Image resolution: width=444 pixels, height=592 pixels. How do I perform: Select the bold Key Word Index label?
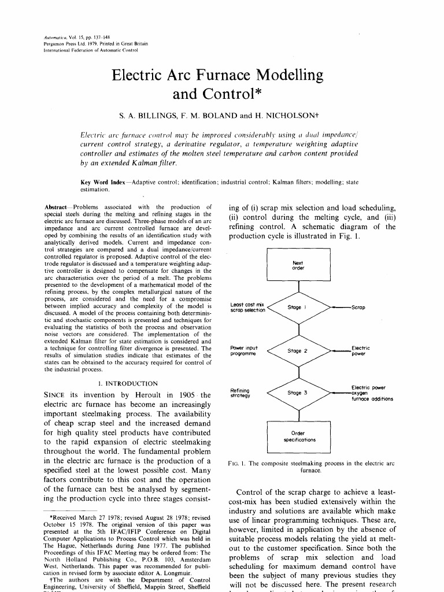coord(104,183)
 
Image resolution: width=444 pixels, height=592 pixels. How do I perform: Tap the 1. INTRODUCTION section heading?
coord(128,383)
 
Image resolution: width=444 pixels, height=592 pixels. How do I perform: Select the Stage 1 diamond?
coord(298,307)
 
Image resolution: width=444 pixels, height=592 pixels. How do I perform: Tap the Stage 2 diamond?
coord(298,350)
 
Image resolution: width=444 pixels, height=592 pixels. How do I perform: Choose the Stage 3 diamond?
coord(298,393)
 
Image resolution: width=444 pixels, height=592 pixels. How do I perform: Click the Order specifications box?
coord(298,436)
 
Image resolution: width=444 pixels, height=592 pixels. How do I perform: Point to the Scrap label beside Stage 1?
coord(358,307)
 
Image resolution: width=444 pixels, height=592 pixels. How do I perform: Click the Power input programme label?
coord(244,350)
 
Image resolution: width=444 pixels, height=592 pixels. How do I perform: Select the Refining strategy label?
coord(240,393)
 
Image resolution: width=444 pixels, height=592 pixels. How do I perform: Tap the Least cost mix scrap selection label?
coord(247,307)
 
